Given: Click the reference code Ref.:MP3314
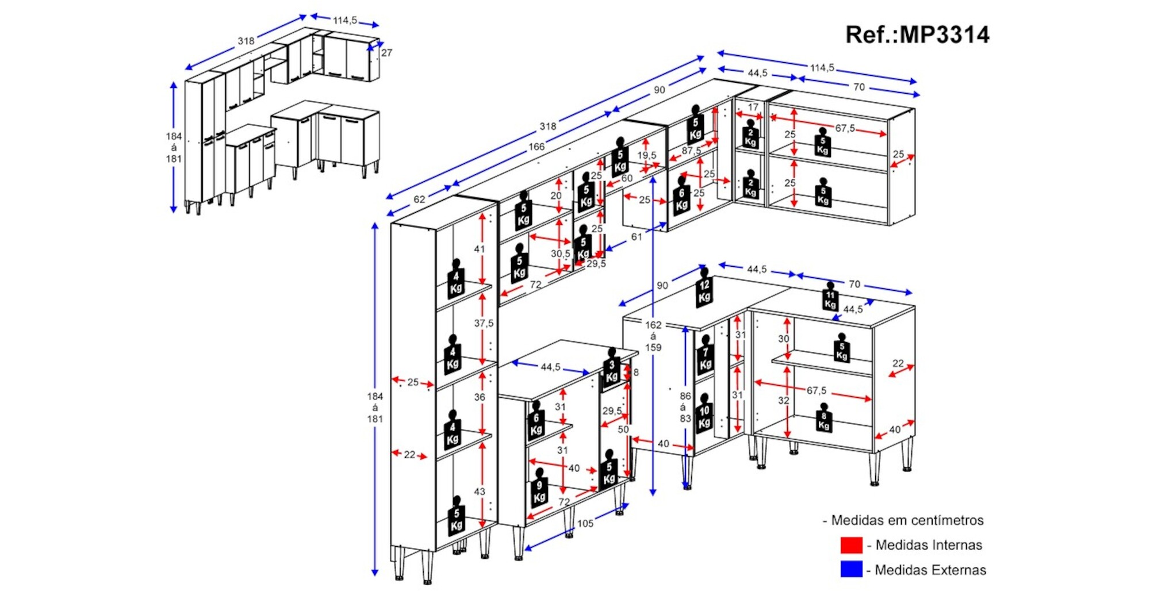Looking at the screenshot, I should click(917, 35).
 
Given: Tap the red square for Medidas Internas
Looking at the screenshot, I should click(851, 544).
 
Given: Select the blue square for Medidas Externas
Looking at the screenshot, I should click(851, 569).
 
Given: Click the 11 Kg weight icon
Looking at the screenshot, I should click(830, 297).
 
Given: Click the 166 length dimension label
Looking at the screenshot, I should click(536, 147).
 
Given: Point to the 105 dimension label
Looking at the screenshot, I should click(585, 523).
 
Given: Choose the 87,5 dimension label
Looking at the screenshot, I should click(691, 151).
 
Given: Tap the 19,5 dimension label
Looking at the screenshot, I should click(646, 155).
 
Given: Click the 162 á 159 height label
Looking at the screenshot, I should click(653, 336).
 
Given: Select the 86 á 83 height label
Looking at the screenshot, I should click(685, 407).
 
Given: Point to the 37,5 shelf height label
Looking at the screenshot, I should click(484, 323).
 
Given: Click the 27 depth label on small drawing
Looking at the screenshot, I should click(386, 53).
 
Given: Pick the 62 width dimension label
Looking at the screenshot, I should click(419, 199).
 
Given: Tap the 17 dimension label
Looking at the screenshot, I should click(753, 108).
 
